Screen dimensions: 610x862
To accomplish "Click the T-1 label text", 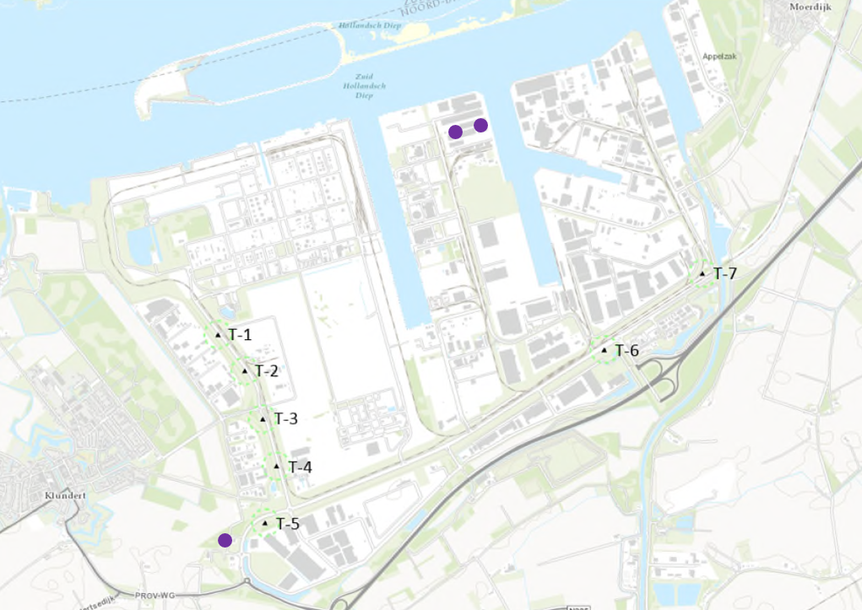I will pyautogui.click(x=240, y=335).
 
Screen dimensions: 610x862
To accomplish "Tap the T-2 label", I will pyautogui.click(x=267, y=371).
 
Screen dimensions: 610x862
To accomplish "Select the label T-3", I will pyautogui.click(x=286, y=419).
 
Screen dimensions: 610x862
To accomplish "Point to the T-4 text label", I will pyautogui.click(x=300, y=467).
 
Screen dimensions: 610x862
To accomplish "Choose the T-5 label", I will pyautogui.click(x=288, y=524).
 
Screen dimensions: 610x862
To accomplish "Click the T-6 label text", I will pyautogui.click(x=627, y=351).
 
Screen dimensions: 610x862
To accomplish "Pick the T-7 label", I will pyautogui.click(x=725, y=273).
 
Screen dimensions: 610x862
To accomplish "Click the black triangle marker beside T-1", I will pyautogui.click(x=218, y=335).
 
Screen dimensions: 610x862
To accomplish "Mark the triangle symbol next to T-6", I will pyautogui.click(x=604, y=350).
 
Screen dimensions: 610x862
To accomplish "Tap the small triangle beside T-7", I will pyautogui.click(x=702, y=273).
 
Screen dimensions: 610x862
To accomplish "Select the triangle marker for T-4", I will pyautogui.click(x=277, y=466).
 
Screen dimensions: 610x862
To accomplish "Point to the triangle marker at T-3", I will pyautogui.click(x=263, y=418).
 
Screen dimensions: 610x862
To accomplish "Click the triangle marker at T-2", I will pyautogui.click(x=245, y=370).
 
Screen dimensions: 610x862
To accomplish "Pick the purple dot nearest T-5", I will pyautogui.click(x=225, y=540).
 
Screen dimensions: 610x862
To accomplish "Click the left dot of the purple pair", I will pyautogui.click(x=455, y=132).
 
